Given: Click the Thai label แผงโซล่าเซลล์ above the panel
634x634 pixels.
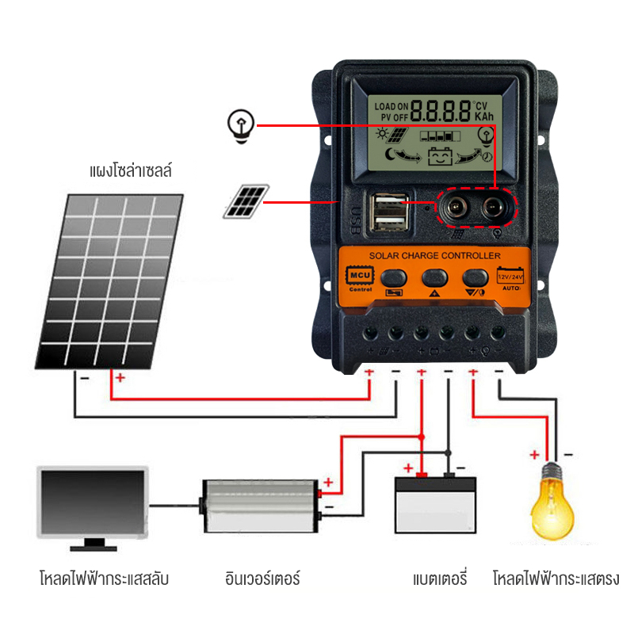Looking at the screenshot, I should tap(132, 170).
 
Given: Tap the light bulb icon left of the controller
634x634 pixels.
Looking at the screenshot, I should tap(240, 126).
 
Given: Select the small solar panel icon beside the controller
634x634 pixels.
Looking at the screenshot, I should tap(245, 201).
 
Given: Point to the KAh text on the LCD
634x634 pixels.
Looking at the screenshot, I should tap(485, 116).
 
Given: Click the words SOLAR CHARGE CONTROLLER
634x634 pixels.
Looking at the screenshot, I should tap(434, 256).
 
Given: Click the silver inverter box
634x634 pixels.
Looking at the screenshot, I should tap(259, 505).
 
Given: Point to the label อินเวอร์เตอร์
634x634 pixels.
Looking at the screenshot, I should tap(262, 579).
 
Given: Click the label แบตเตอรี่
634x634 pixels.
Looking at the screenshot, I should tap(439, 579).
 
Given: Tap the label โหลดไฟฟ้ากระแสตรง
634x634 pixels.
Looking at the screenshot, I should tap(553, 579).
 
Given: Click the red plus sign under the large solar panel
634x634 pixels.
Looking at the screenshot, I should tap(120, 378).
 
